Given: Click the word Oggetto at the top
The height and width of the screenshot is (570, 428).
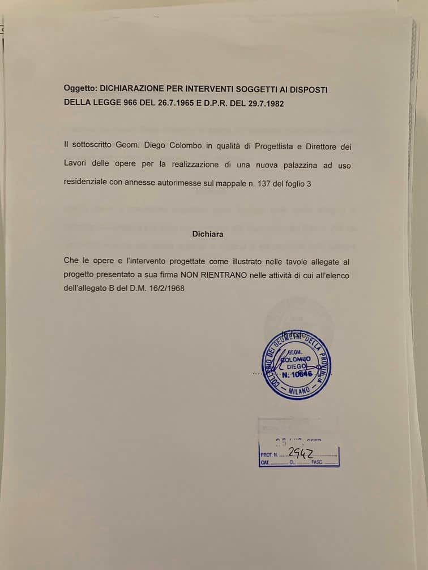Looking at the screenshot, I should click(80, 89).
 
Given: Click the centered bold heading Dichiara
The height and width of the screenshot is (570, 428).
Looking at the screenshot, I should click(207, 234).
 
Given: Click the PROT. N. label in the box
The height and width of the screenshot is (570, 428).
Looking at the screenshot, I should click(269, 455).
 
